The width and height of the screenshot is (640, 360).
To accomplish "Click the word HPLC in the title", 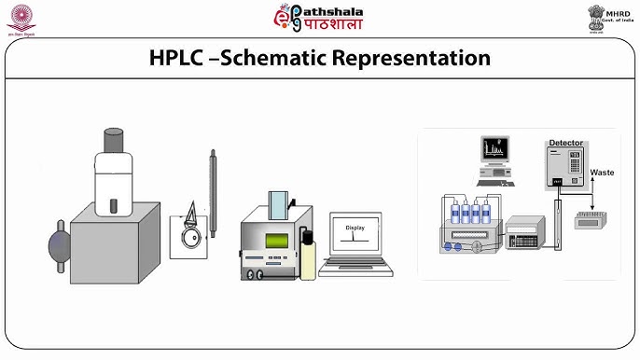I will coord(178,58).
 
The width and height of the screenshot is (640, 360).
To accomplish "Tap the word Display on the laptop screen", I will coord(355,228).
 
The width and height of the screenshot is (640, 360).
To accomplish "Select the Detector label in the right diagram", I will coord(565,143).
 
